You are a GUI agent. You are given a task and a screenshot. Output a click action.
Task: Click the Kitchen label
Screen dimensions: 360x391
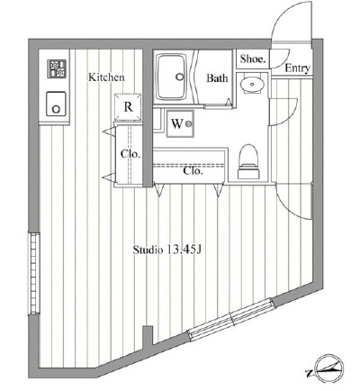pyautogui.click(x=106, y=77)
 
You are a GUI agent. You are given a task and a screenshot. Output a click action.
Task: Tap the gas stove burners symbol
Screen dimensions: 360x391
pyautogui.click(x=57, y=68)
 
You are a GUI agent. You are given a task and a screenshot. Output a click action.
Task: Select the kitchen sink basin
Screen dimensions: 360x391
pyautogui.click(x=56, y=104)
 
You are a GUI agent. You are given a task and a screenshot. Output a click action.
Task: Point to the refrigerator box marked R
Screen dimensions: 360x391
pyautogui.click(x=128, y=107)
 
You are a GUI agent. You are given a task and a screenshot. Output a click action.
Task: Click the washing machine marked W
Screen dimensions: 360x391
pyautogui.click(x=180, y=123)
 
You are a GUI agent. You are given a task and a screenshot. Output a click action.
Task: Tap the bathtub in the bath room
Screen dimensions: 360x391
pyautogui.click(x=172, y=77)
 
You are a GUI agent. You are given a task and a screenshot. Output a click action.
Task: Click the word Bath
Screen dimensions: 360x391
pyautogui.click(x=217, y=78)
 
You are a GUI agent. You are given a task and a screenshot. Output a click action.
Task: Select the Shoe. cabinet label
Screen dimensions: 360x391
pyautogui.click(x=253, y=59)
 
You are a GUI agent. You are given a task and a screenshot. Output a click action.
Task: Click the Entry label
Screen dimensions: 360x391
pyautogui.click(x=297, y=68)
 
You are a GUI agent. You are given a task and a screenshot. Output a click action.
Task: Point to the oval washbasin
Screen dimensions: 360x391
pyautogui.click(x=251, y=83)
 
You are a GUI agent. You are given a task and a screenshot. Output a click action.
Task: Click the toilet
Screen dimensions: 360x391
pyautogui.click(x=249, y=161)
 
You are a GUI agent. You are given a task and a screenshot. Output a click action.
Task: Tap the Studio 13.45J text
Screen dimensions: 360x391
pyautogui.click(x=166, y=250)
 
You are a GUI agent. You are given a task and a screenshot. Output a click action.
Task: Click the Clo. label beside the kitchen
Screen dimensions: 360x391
pyautogui.click(x=130, y=154)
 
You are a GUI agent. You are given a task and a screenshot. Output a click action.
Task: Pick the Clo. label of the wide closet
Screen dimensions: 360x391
pyautogui.click(x=193, y=171)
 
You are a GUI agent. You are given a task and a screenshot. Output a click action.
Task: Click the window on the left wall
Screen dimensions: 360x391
pyautogui.click(x=34, y=273)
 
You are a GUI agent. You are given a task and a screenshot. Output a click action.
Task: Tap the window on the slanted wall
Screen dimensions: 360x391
pyautogui.click(x=231, y=319)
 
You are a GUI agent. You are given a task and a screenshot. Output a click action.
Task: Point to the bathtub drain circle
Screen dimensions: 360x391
pyautogui.click(x=180, y=77)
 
